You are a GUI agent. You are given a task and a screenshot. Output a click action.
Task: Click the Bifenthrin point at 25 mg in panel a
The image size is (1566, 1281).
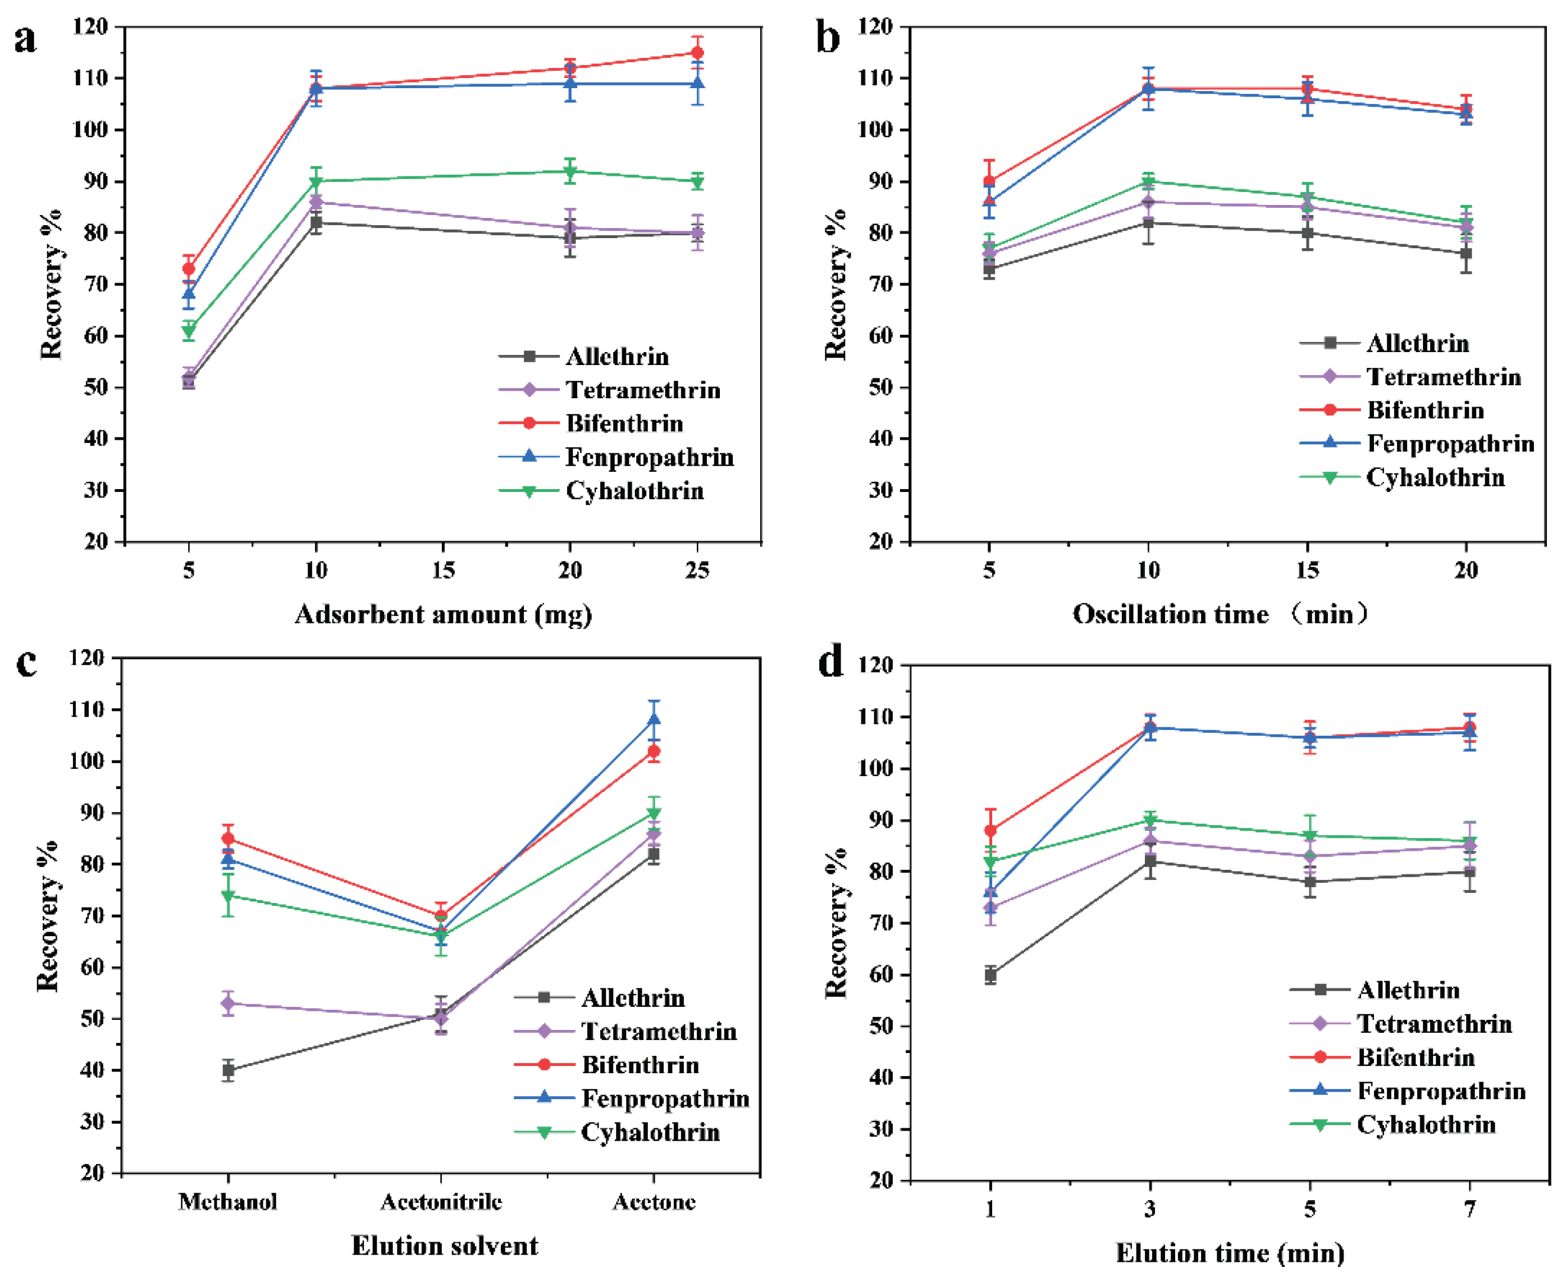pyautogui.click(x=697, y=53)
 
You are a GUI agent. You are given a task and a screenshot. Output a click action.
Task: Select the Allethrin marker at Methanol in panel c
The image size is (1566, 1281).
pyautogui.click(x=228, y=1069)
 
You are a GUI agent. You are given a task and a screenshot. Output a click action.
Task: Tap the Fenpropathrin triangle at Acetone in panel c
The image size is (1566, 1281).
pyautogui.click(x=654, y=719)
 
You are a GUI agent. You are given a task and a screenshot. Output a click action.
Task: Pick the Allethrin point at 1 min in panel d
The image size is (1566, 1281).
pyautogui.click(x=990, y=975)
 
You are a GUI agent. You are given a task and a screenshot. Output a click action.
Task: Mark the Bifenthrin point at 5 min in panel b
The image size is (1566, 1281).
pyautogui.click(x=989, y=181)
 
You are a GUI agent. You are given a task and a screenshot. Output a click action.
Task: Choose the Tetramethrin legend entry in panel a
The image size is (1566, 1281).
pyautogui.click(x=642, y=390)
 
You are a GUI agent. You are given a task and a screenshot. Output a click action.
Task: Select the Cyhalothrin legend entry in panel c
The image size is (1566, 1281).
pyautogui.click(x=650, y=1132)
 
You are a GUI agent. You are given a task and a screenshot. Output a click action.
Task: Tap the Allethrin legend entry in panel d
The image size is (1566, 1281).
pyautogui.click(x=1408, y=990)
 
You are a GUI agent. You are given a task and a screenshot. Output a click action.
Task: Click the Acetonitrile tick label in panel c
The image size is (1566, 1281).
pyautogui.click(x=441, y=1202)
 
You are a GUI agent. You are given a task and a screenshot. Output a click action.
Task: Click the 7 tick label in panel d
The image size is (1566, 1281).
pyautogui.click(x=1469, y=1210)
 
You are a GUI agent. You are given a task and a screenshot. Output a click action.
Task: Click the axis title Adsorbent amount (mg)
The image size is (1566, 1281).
pyautogui.click(x=444, y=614)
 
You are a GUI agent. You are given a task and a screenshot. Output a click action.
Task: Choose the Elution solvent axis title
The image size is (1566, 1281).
pyautogui.click(x=445, y=1246)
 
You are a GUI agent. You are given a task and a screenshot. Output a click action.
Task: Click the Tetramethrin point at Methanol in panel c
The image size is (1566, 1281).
pyautogui.click(x=228, y=1004)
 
